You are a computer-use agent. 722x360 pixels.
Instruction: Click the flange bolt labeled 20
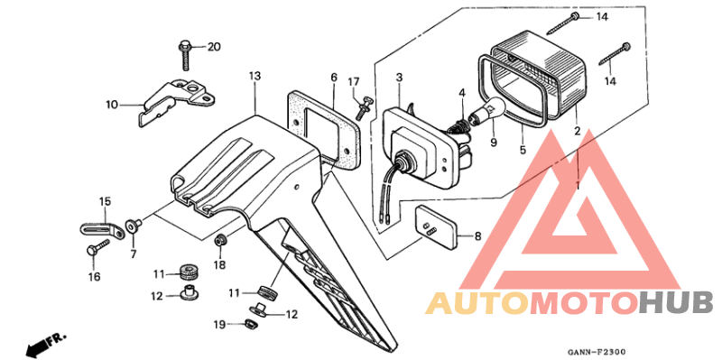click(185, 53)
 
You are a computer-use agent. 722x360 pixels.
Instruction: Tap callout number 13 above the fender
click(255, 77)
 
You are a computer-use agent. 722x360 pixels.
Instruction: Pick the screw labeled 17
click(364, 107)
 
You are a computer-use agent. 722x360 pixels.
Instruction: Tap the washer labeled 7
click(132, 225)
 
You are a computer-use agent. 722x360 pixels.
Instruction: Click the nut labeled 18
click(220, 240)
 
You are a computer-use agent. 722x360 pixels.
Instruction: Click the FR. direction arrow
click(36, 345)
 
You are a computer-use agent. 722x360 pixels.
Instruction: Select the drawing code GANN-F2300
click(597, 352)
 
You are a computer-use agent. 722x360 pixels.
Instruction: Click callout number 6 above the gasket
click(333, 78)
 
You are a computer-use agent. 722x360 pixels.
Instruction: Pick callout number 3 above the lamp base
click(398, 79)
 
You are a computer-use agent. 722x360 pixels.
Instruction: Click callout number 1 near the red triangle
click(578, 185)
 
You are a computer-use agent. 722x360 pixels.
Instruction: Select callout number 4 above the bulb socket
click(461, 93)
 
